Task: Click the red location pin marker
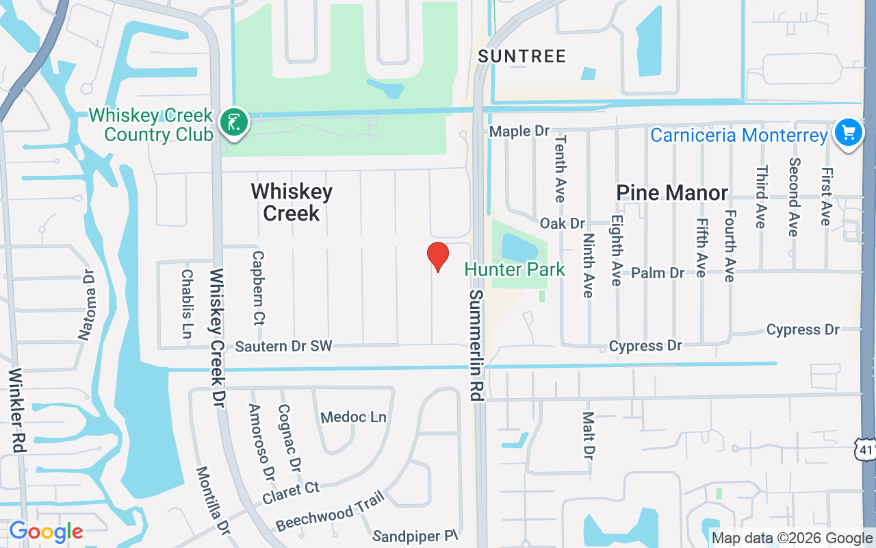click(x=437, y=256)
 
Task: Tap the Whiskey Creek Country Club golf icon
click(x=234, y=123)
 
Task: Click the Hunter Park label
click(x=515, y=269)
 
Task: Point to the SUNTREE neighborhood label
click(x=522, y=56)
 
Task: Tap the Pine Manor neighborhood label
click(x=672, y=192)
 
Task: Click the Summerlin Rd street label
click(x=477, y=345)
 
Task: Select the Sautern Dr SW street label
click(x=283, y=346)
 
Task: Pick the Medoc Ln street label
click(x=353, y=417)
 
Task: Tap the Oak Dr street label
click(x=563, y=223)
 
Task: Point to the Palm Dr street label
click(x=658, y=273)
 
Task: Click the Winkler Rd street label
click(x=17, y=410)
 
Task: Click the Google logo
click(x=46, y=532)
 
